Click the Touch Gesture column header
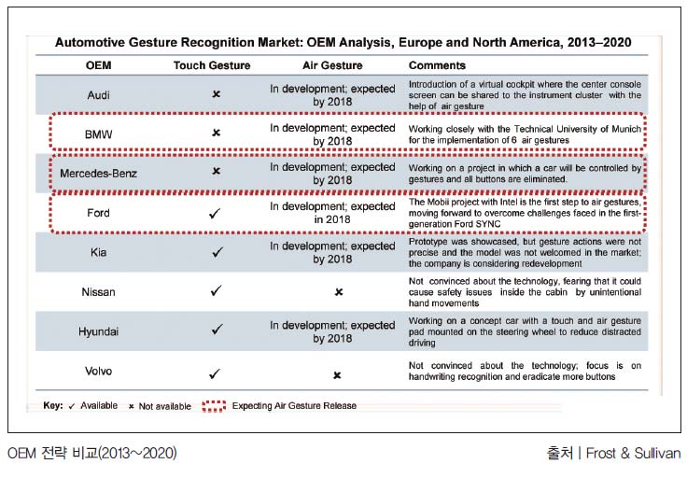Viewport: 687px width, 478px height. (212, 65)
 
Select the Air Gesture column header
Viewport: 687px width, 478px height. (332, 65)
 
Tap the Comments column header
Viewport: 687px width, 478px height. (437, 65)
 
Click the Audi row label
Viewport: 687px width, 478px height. (99, 95)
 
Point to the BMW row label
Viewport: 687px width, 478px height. (99, 134)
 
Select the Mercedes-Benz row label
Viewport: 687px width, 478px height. (99, 174)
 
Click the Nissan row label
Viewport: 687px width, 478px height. (99, 292)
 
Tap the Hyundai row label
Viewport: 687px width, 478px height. (99, 331)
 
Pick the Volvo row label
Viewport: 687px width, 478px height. (99, 371)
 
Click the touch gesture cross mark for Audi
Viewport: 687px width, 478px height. (216, 93)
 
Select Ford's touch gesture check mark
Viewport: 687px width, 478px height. (215, 214)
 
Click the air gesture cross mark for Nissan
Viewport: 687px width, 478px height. (339, 292)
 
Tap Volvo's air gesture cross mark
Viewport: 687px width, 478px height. (337, 375)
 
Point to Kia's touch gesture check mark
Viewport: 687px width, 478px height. (217, 252)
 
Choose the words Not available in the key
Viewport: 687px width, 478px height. (164, 406)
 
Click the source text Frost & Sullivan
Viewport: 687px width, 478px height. (633, 453)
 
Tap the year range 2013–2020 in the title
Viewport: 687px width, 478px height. (599, 43)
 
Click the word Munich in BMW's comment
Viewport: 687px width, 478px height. (626, 129)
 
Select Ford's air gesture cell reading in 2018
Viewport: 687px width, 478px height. (332, 219)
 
